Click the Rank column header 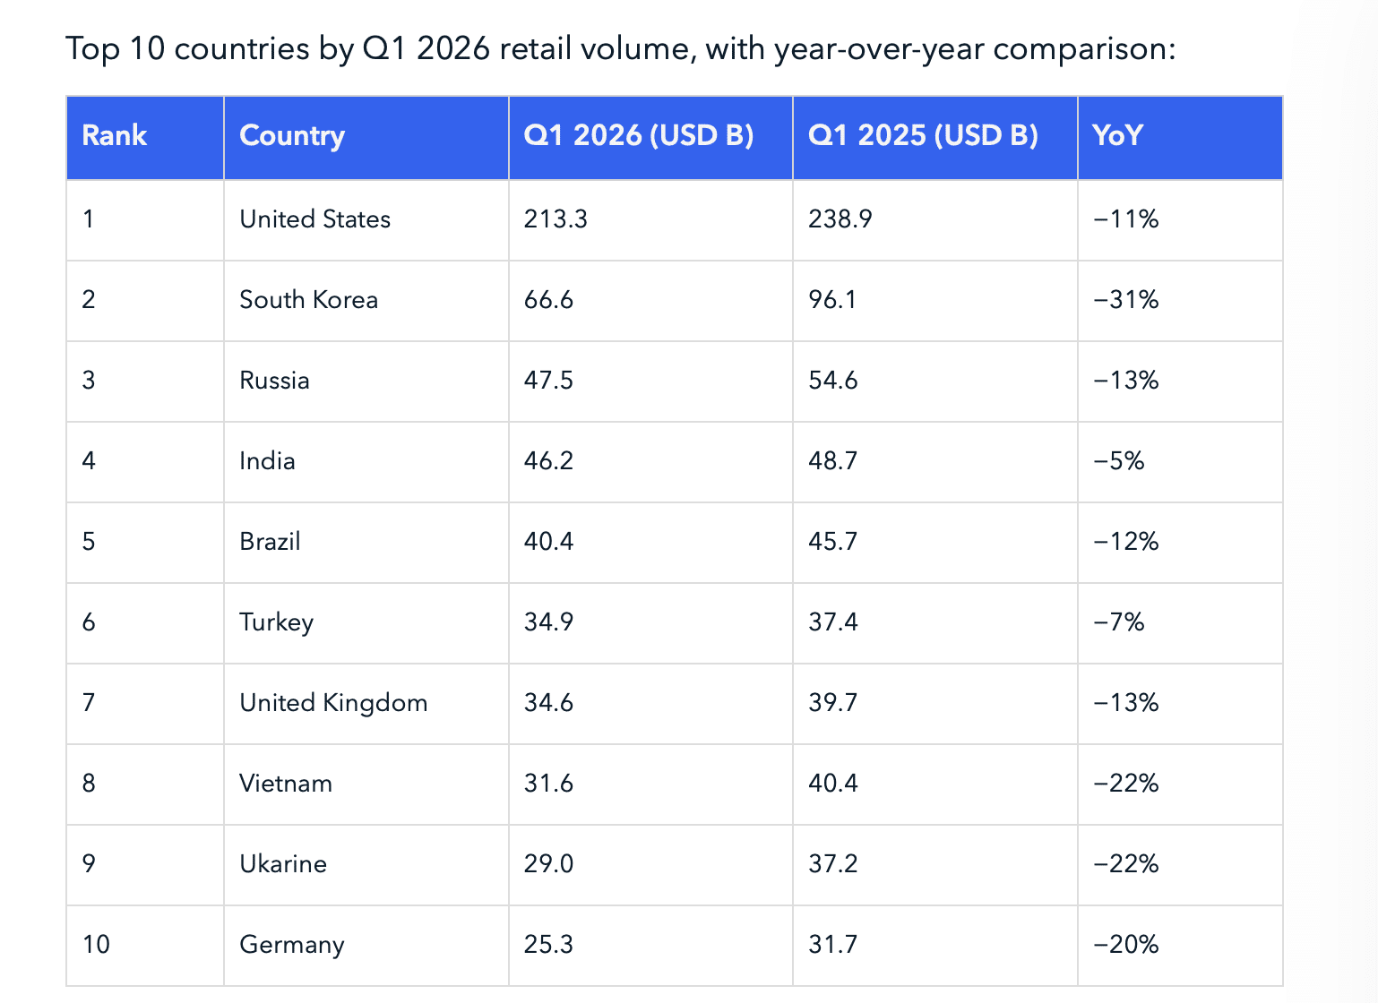pos(114,136)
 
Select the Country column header pos(292,136)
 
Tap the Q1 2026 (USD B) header pos(639,136)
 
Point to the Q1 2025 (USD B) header pos(923,136)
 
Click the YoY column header pos(1117,136)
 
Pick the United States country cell pos(314,219)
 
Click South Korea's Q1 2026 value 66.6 pos(548,300)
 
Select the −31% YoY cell pos(1126,300)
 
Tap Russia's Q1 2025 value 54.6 pos(832,381)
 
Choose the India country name pos(267,461)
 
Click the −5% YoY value pos(1119,461)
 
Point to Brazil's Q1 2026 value pos(548,542)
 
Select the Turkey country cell pos(276,622)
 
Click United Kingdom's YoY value pos(1126,703)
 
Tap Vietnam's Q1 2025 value pos(832,784)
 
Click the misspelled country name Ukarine pos(283,864)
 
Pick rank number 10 pos(96,945)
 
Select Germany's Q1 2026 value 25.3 pos(548,945)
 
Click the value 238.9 pos(840,219)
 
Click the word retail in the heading pos(534,48)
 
